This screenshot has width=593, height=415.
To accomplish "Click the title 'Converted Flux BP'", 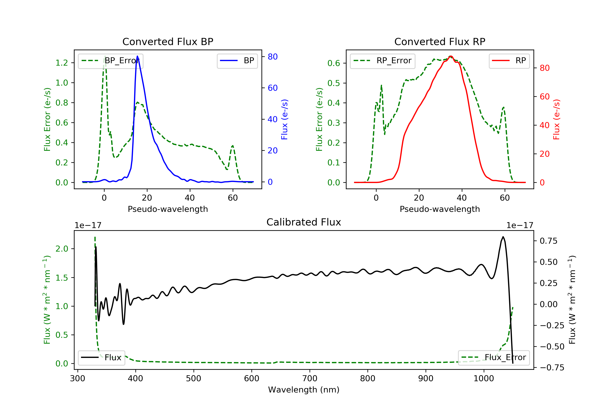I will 168,41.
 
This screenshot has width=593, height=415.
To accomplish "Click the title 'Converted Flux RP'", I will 440,41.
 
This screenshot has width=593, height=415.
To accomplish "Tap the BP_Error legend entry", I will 110,61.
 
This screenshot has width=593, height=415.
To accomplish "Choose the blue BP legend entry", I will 237,61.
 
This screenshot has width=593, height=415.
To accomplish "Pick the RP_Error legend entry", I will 382,61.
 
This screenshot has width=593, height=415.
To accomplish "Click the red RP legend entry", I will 509,61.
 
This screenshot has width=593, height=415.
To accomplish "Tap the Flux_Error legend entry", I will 494,357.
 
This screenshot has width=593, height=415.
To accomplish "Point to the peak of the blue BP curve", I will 137,56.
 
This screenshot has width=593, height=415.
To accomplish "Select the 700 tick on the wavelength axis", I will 310,379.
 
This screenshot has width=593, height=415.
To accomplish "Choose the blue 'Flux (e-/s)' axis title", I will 284,119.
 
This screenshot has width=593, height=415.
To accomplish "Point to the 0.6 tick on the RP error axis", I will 334,63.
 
